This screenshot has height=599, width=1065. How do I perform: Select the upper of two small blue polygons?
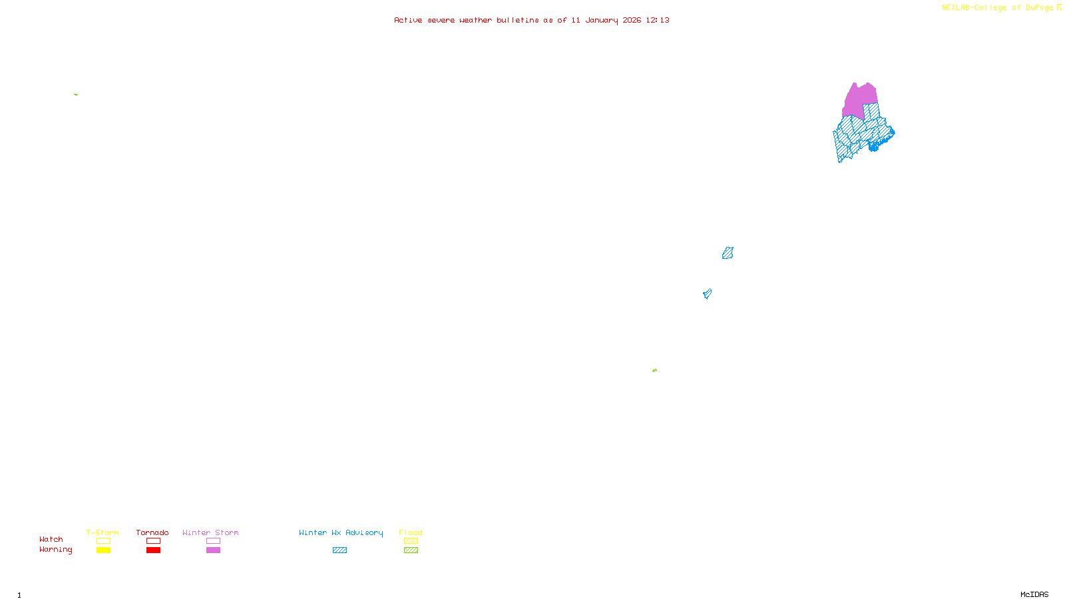pos(728,253)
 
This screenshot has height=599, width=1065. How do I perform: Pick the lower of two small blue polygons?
pos(707,294)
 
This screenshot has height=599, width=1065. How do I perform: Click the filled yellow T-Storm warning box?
pos(103,550)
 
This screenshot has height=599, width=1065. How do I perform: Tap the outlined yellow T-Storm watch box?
pos(103,541)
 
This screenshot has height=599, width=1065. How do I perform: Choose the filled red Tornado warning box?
pos(154,550)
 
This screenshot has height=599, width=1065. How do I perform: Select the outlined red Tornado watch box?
pos(154,541)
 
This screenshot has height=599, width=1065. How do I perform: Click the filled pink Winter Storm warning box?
pos(213,550)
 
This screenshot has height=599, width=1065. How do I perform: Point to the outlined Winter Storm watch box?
pos(213,541)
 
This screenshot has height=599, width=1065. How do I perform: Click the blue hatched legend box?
pos(339,550)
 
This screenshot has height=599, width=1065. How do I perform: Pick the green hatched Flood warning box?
pos(411,550)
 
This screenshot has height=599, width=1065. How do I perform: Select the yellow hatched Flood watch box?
pos(411,541)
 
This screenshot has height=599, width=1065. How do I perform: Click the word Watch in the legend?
pos(51,540)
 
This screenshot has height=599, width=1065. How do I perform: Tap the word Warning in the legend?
pos(55,550)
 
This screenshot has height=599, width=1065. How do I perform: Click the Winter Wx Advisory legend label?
pos(341,532)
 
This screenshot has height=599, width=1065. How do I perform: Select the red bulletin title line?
pos(532,20)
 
